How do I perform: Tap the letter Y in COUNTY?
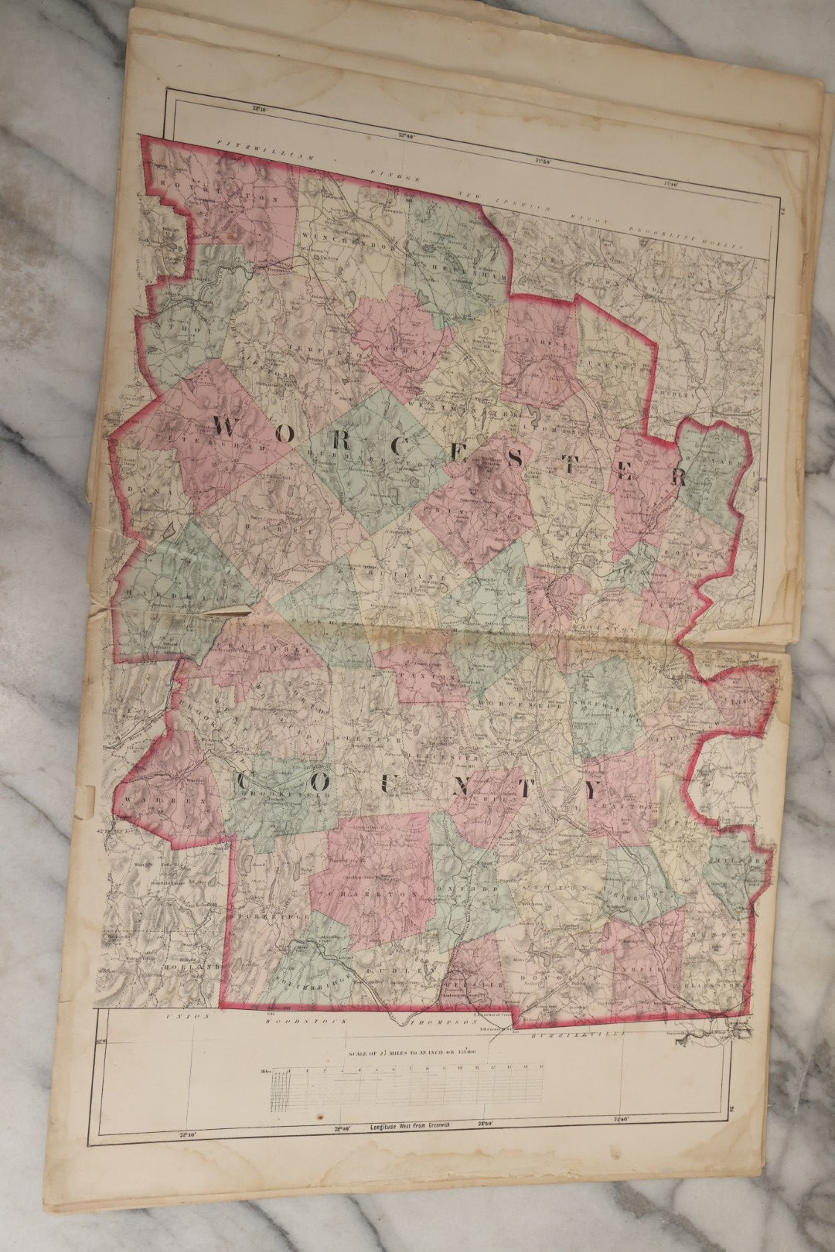click(591, 790)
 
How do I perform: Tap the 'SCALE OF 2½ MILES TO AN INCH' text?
click(421, 1052)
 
